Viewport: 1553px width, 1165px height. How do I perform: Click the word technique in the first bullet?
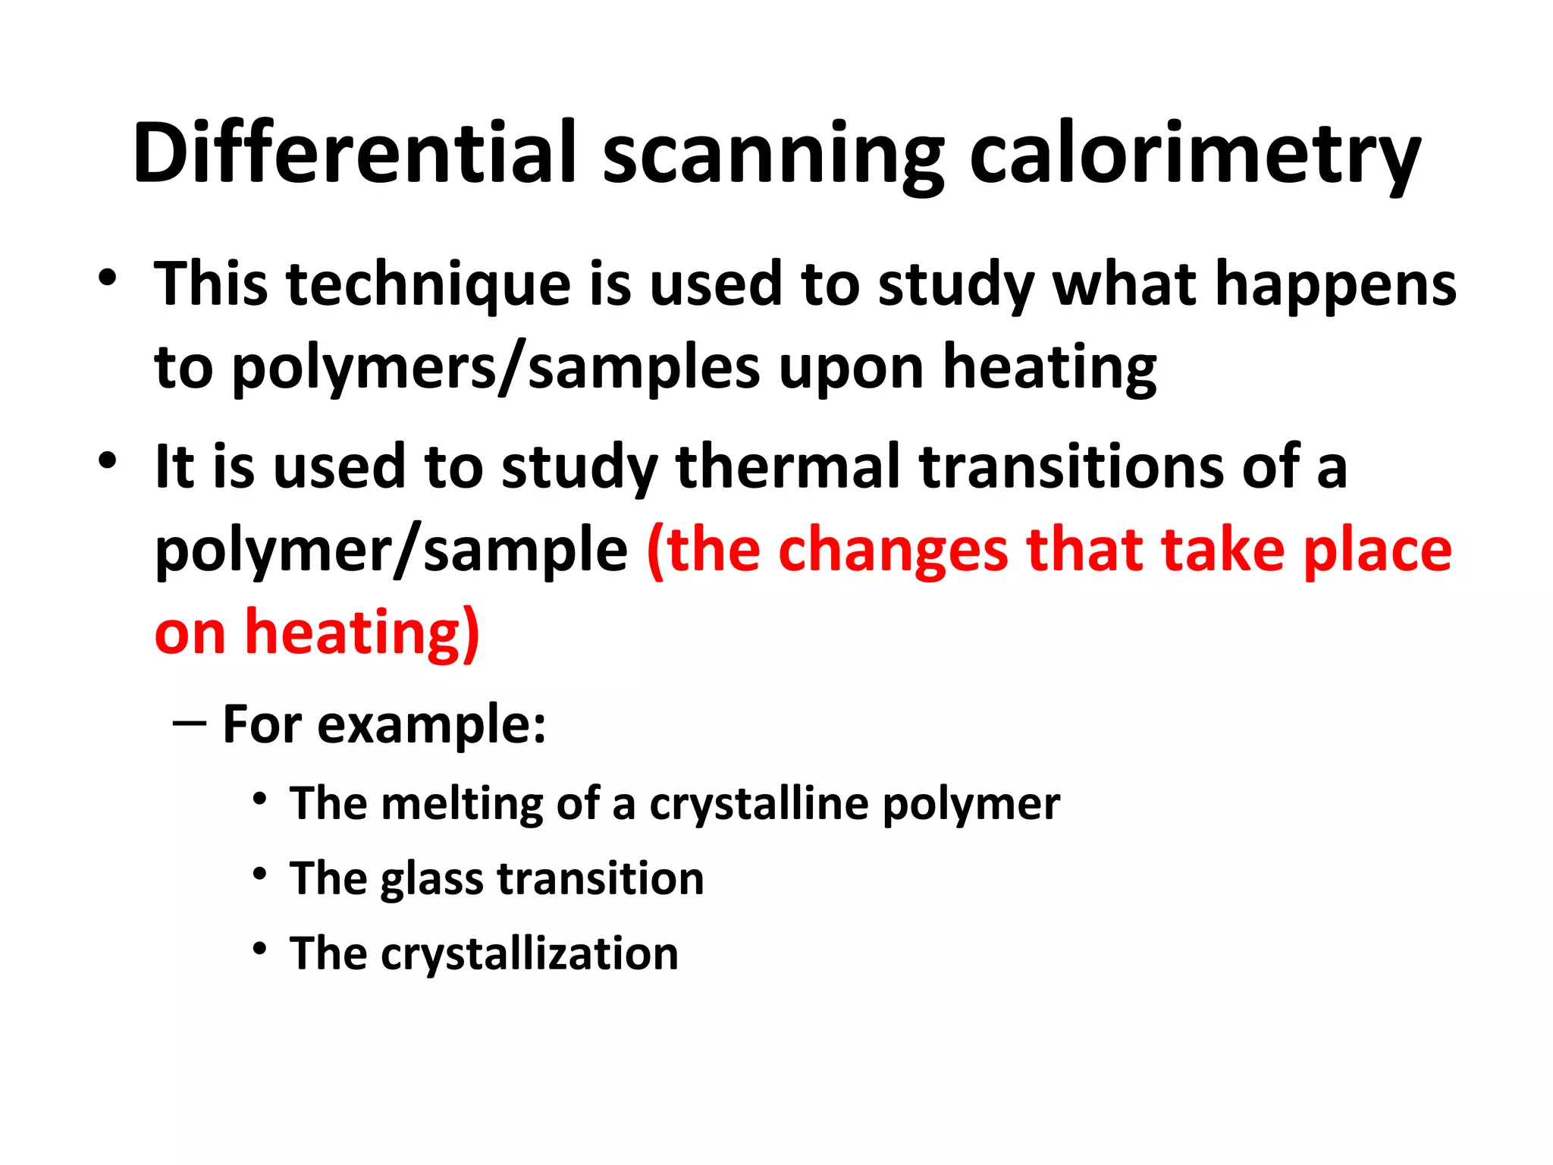428,285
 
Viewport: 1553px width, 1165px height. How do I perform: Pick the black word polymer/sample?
391,551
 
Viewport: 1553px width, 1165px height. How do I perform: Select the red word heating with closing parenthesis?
362,633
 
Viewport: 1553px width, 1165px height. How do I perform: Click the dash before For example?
190,723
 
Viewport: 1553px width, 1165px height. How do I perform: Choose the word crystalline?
758,804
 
